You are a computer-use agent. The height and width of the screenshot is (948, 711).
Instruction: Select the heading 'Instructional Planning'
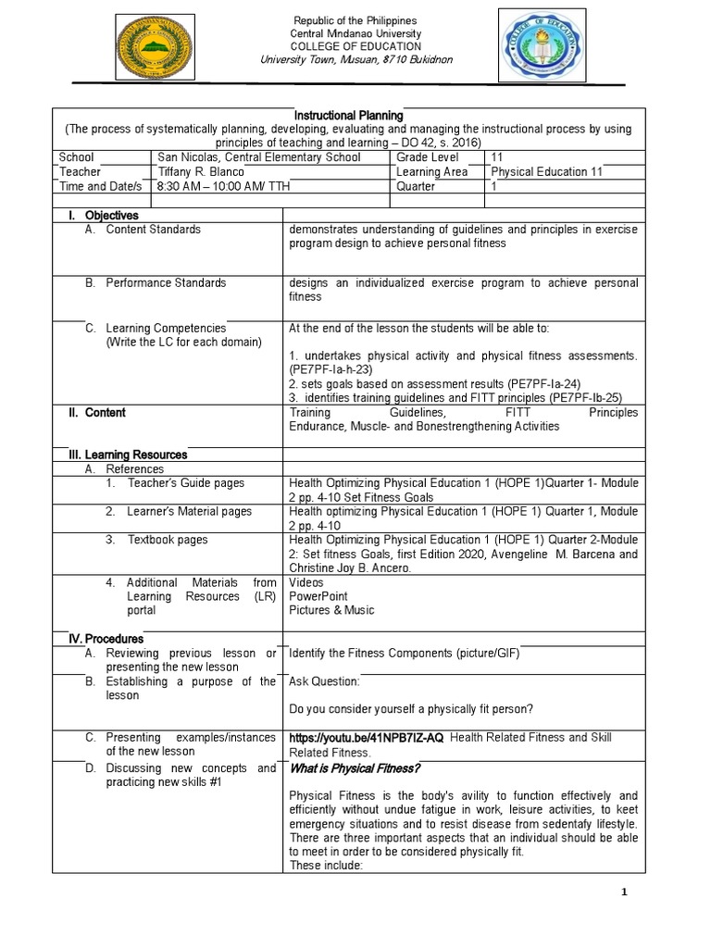pos(355,115)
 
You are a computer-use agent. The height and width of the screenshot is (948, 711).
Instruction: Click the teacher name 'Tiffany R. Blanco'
pos(202,171)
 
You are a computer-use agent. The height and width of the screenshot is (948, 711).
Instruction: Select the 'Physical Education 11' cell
pos(540,171)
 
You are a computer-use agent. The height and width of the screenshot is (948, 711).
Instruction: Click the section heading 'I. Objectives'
pos(106,215)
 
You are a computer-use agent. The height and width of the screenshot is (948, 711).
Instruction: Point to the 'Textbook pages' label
pos(168,540)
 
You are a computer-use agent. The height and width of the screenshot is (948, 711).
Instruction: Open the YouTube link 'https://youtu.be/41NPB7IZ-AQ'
pos(367,738)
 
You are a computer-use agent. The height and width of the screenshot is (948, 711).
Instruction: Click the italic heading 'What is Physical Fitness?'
pos(355,768)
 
